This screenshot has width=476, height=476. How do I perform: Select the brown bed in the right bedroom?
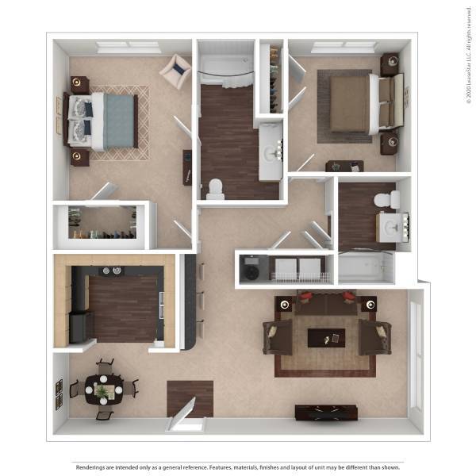tap(349, 103)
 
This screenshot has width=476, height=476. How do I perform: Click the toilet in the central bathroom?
tap(215, 188)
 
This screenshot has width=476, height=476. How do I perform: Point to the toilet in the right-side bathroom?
tap(385, 198)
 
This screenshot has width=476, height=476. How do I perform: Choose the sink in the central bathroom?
tap(271, 151)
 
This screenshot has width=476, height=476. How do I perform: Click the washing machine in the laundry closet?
tap(252, 268)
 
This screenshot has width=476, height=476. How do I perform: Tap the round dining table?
tap(102, 390)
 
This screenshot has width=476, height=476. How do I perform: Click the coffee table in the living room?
tap(326, 337)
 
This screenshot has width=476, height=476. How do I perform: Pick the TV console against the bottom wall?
tap(325, 413)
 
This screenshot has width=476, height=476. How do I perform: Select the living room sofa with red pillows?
tap(326, 304)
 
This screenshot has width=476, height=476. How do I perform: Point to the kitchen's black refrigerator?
tap(80, 326)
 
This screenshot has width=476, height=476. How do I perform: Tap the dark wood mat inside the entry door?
tap(190, 397)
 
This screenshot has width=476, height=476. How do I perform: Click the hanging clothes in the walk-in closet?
tap(101, 234)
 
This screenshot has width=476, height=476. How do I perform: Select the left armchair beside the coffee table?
tap(278, 337)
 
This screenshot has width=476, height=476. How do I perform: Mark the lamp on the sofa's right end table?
tap(369, 304)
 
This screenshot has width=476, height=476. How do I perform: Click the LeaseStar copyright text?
tap(469, 56)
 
